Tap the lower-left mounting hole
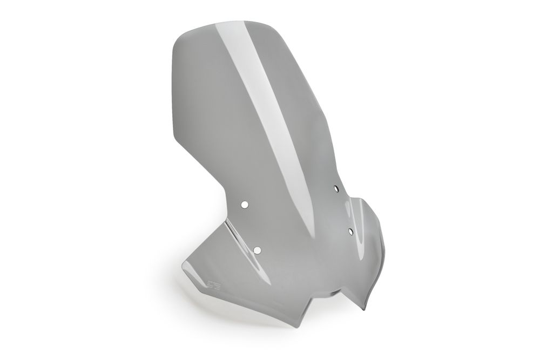(x=257, y=249)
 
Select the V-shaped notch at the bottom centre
(x=335, y=294)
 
